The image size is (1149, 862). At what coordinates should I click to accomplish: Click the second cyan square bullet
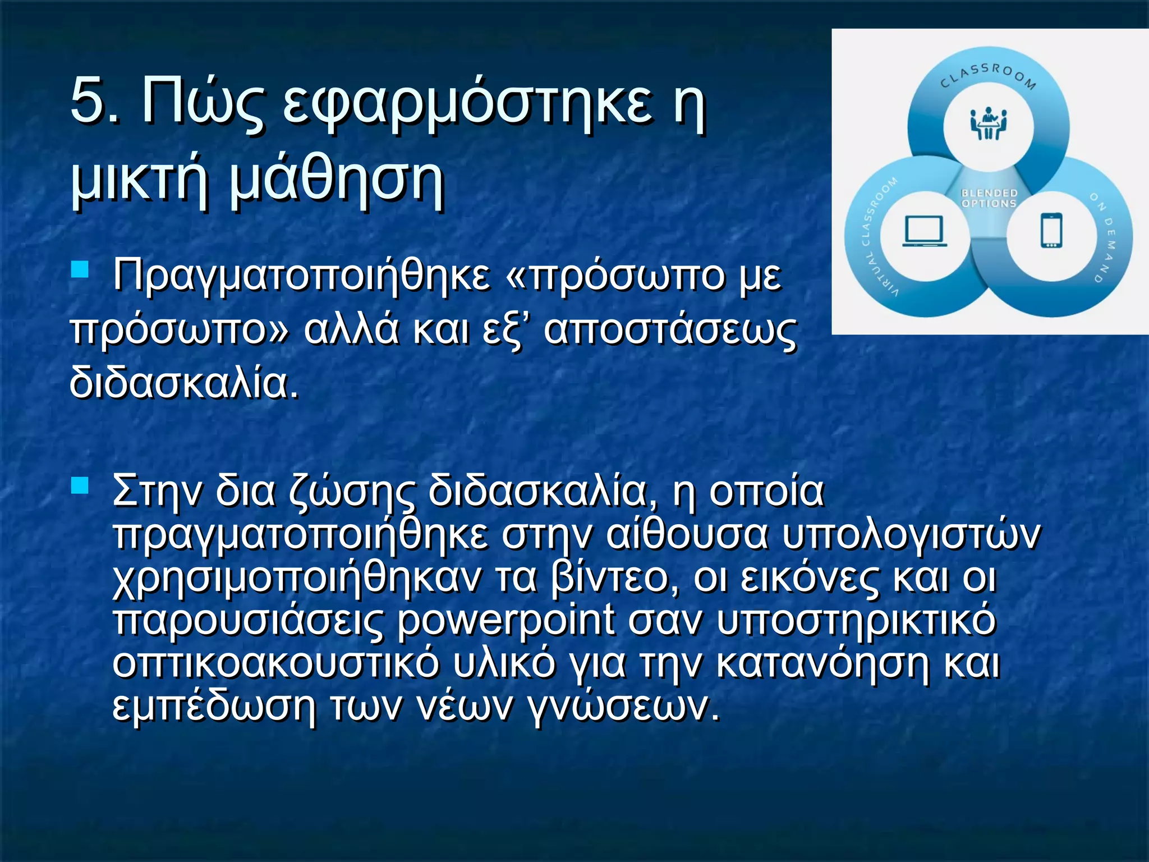[x=80, y=484]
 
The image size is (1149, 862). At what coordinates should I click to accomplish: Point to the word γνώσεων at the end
[x=623, y=706]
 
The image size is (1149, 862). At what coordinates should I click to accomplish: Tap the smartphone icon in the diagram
[x=1051, y=230]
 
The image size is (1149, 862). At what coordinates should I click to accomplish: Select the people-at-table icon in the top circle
[x=988, y=124]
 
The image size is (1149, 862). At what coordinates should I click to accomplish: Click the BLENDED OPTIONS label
[x=989, y=198]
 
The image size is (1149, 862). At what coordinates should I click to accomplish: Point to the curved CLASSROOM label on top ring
[x=988, y=75]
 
